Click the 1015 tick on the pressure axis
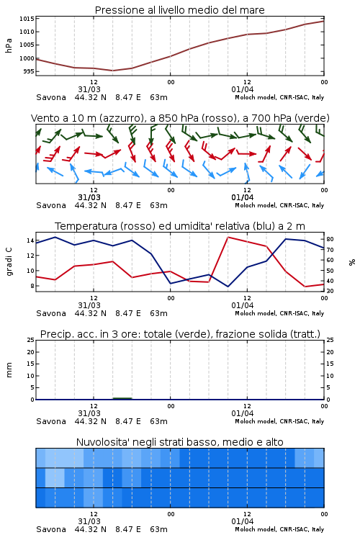[27, 19]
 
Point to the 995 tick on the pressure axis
[29, 71]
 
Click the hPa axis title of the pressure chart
[9, 45]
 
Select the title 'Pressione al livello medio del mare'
[180, 10]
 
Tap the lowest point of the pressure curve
[112, 71]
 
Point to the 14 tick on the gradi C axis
[30, 240]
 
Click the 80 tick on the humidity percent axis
[330, 239]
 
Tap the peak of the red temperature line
[228, 237]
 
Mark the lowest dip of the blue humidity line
[228, 287]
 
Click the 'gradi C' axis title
[9, 262]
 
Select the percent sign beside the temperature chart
[352, 262]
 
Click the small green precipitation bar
[122, 398]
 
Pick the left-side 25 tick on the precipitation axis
[31, 340]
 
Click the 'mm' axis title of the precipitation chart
[9, 370]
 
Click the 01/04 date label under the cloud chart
[243, 521]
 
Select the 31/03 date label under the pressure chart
[89, 89]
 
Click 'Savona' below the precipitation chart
[51, 421]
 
